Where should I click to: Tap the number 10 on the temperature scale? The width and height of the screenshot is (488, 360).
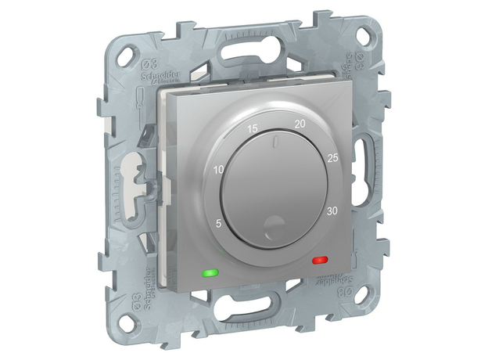pos(217,170)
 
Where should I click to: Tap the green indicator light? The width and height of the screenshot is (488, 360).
pos(210,273)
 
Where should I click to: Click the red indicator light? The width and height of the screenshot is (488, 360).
pos(319,259)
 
